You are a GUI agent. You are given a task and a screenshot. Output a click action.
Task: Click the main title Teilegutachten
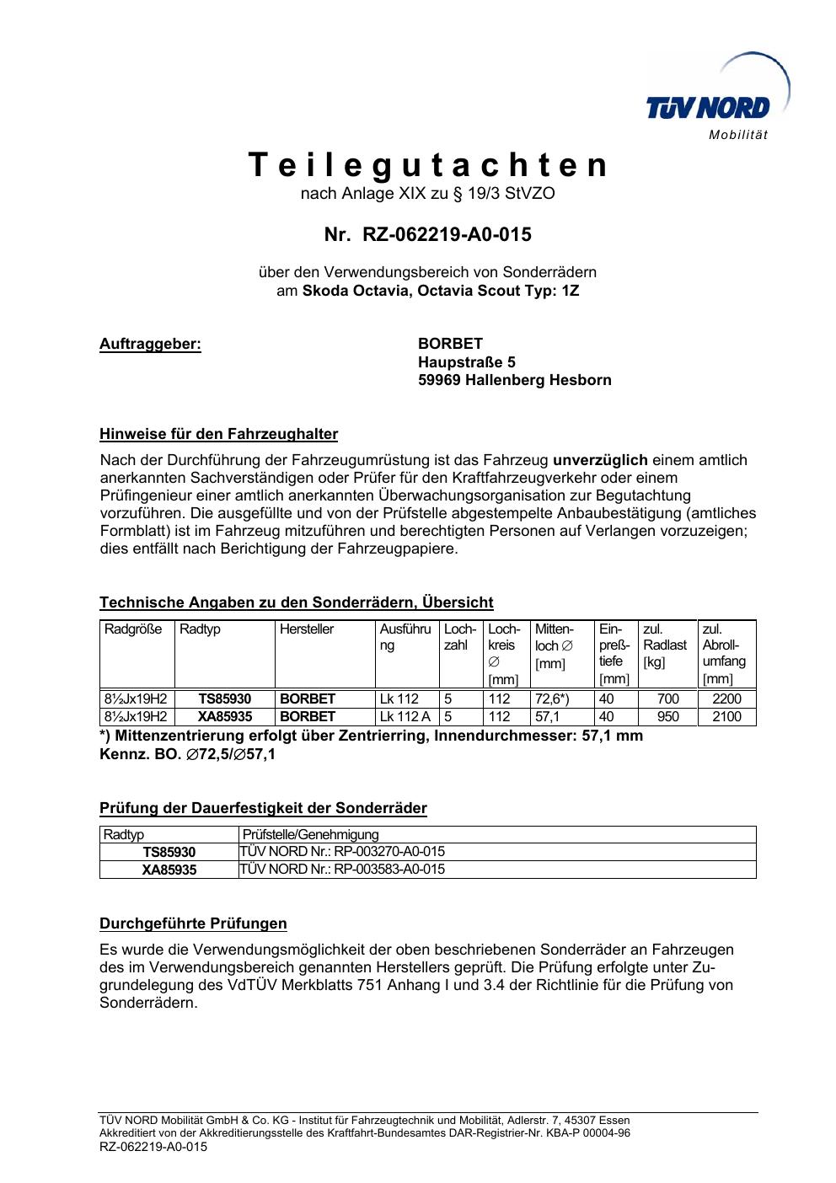(x=428, y=165)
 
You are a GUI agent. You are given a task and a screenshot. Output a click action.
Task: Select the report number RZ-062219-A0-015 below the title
(x=447, y=234)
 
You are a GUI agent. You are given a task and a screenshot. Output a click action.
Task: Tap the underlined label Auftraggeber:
(x=150, y=344)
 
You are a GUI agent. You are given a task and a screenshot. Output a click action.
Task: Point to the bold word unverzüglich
(x=599, y=460)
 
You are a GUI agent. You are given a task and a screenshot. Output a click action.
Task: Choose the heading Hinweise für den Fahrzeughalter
(x=218, y=435)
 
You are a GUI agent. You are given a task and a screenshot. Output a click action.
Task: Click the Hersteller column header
(x=307, y=629)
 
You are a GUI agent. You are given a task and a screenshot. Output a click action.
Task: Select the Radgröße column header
(x=133, y=629)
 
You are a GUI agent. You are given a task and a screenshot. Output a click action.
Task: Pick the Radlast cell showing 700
(x=667, y=699)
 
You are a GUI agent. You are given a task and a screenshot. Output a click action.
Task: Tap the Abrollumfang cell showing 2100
(x=726, y=716)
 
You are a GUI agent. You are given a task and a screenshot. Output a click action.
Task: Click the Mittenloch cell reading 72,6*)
(x=552, y=699)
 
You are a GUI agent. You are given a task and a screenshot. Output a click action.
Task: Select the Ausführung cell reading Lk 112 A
(x=405, y=716)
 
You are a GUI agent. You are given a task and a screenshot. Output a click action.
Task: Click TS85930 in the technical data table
(x=224, y=699)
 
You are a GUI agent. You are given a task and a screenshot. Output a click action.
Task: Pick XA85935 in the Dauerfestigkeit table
(x=169, y=870)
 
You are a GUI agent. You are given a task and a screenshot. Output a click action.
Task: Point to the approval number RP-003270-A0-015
(x=389, y=851)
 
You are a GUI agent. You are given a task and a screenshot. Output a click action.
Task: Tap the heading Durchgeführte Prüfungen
(x=193, y=923)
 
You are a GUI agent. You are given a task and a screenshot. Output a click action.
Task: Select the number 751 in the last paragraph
(x=372, y=985)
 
